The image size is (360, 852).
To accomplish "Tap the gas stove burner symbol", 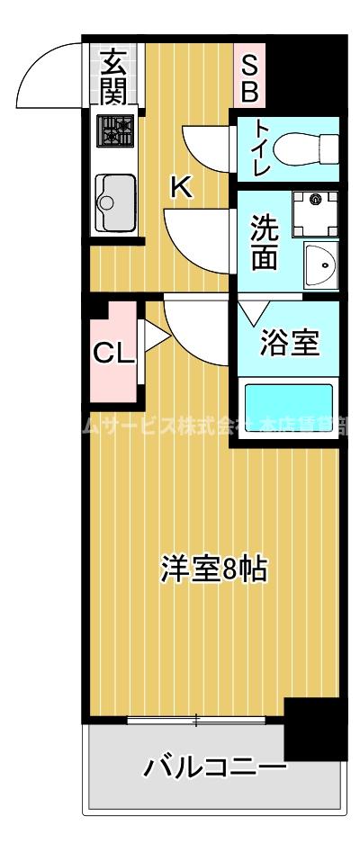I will (114, 133).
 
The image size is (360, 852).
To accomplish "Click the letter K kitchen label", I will (182, 187).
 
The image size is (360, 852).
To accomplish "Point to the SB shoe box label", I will (249, 77).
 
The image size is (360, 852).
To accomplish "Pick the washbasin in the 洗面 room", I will (319, 265).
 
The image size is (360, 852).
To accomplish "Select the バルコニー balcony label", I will (214, 768).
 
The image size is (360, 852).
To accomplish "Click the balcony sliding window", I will (195, 719).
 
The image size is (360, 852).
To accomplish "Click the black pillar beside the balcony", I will (314, 729).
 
